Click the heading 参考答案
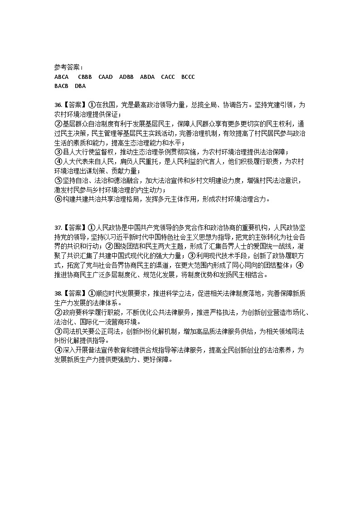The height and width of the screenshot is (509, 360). point(67,68)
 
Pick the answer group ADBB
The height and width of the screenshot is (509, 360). point(126,77)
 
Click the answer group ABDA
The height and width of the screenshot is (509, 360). point(147,77)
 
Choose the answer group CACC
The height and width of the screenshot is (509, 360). point(168,77)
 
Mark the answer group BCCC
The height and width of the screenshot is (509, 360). point(188,77)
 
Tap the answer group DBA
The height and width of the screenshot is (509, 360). point(80,86)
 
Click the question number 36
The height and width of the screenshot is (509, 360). point(58,105)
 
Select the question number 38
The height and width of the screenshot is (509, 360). point(58,293)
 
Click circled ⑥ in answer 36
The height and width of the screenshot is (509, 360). point(58,199)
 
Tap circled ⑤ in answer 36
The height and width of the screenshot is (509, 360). point(58,180)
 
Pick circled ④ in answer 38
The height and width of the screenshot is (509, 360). point(58,350)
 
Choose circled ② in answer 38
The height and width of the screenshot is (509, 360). point(58,312)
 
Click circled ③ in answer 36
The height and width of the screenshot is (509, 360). point(58,152)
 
